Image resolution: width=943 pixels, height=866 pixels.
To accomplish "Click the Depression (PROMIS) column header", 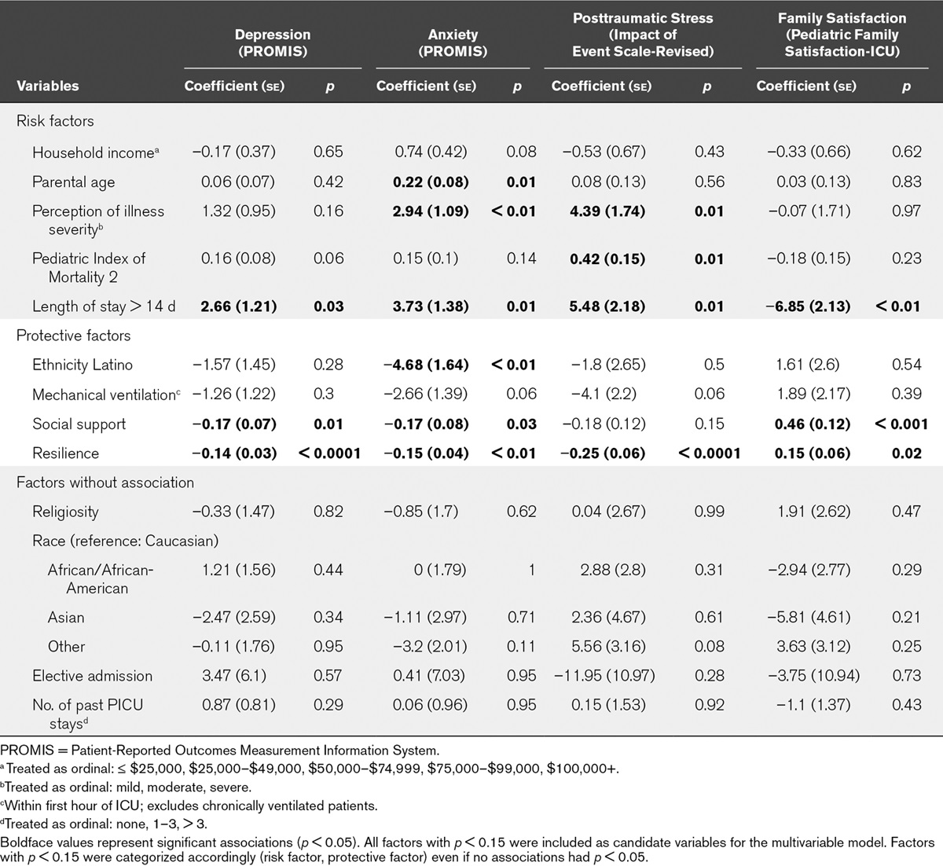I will (x=272, y=43).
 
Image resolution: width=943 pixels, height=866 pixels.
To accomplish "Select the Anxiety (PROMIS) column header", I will (x=452, y=43).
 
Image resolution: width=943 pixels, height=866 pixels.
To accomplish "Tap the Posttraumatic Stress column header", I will (x=643, y=35).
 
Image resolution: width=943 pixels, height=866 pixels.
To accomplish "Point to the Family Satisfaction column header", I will (x=842, y=35).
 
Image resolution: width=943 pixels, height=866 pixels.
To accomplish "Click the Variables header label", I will (x=48, y=86).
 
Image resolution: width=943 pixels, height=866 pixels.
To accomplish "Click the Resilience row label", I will (x=65, y=453).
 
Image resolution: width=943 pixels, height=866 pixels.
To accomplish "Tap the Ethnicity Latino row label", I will (x=82, y=365).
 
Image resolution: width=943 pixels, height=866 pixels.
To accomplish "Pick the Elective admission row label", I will (x=92, y=676).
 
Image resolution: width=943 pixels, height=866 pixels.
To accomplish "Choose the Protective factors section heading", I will (x=73, y=336).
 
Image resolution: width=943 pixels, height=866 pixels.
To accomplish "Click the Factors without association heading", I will (x=105, y=483).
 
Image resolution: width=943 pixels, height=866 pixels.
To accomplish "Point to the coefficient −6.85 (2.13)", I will (x=809, y=306).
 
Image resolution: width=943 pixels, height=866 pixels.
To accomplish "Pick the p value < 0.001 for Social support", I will (x=901, y=424).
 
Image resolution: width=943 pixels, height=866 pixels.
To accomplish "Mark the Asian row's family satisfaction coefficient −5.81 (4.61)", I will (x=809, y=618).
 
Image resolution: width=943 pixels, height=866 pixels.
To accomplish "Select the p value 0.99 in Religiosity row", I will (x=709, y=512).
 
